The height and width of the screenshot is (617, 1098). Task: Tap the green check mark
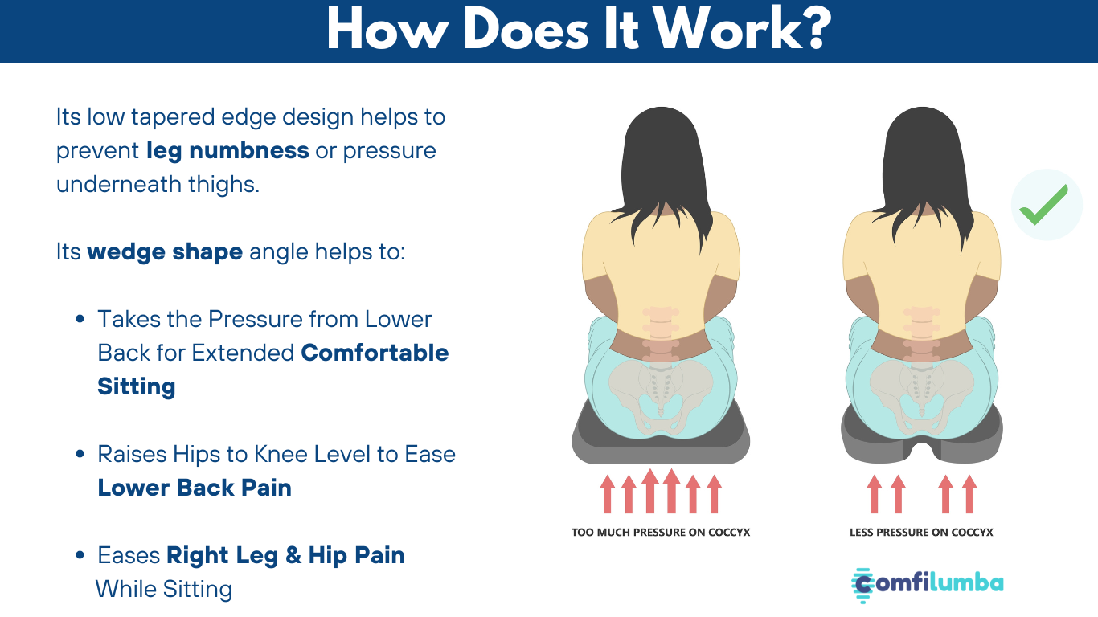point(1043,205)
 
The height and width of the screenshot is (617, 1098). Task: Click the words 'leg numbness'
point(227,151)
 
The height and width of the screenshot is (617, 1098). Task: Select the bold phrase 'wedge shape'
point(165,252)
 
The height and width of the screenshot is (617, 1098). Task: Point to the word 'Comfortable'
point(375,353)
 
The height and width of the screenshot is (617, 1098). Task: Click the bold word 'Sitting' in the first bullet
point(137,386)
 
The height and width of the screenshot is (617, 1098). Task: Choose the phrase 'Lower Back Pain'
point(195,488)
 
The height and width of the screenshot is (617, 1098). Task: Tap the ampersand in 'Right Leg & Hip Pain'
point(293,555)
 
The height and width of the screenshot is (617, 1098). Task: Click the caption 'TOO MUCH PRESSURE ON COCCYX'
point(661,532)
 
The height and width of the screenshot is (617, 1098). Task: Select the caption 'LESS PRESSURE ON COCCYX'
point(921,532)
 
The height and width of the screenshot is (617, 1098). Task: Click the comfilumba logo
point(927,585)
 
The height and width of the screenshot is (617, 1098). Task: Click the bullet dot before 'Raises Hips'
point(80,454)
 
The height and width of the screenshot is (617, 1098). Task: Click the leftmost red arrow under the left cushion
point(608,494)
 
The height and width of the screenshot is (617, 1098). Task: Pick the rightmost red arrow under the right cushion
point(969,494)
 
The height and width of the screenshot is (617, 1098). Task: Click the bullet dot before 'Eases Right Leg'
point(80,555)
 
